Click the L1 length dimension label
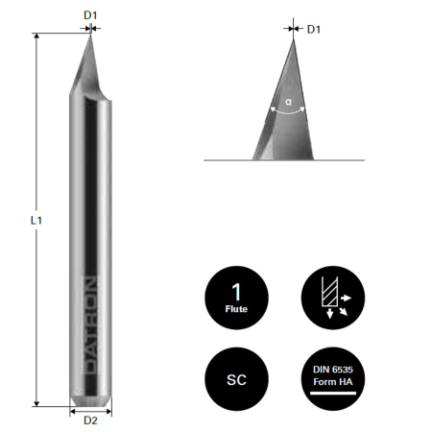click(36, 220)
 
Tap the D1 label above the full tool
click(90, 14)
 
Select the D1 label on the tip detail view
click(313, 29)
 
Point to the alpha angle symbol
click(288, 100)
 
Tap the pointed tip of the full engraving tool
click(90, 35)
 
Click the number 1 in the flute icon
click(237, 289)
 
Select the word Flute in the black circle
click(237, 310)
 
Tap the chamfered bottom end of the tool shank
click(90, 400)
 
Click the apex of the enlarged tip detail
click(294, 39)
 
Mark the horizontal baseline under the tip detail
click(288, 160)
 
